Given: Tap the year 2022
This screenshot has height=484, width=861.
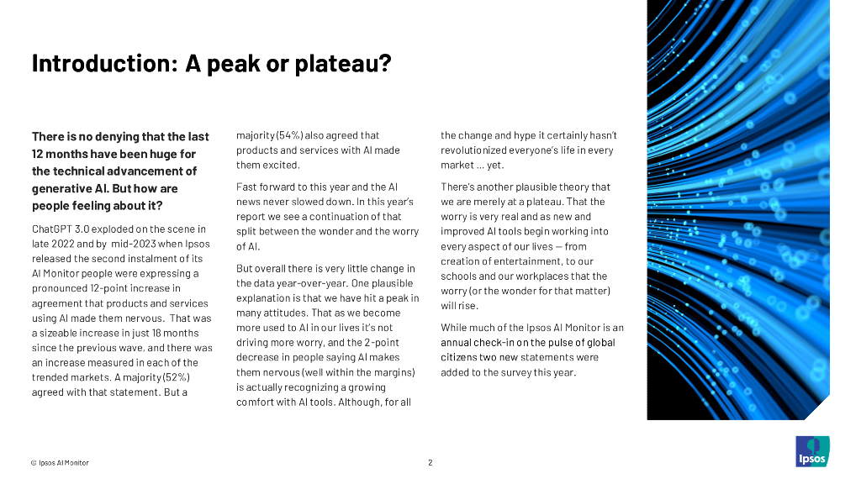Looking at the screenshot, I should (x=67, y=244).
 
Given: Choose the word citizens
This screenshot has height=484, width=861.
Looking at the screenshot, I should (x=461, y=357).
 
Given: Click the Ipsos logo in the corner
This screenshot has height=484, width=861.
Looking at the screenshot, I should (x=811, y=452).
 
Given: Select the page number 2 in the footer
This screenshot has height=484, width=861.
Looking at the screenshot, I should (x=430, y=462).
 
